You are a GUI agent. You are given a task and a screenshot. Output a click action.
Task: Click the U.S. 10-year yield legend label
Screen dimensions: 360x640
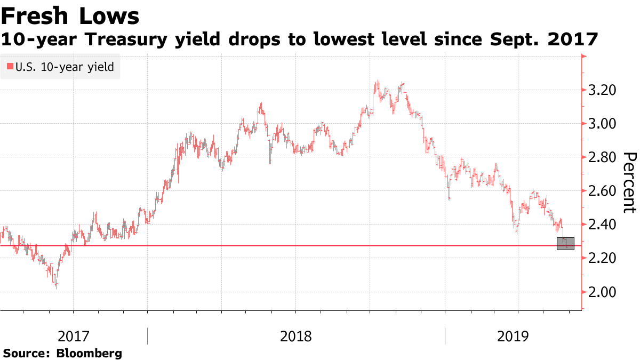coord(65,67)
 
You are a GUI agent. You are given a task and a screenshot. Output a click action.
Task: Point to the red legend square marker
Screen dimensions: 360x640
coord(10,67)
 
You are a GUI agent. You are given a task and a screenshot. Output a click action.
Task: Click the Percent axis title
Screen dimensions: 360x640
coord(630,182)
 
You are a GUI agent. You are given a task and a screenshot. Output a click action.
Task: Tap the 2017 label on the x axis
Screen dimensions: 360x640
coord(74,337)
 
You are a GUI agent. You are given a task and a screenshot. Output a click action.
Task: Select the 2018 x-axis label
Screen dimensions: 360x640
coord(296,337)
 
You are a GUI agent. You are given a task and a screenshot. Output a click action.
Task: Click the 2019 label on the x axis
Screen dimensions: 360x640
coord(513,337)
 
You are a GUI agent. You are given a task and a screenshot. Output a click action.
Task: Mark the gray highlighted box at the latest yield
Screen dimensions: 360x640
coord(565,243)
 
